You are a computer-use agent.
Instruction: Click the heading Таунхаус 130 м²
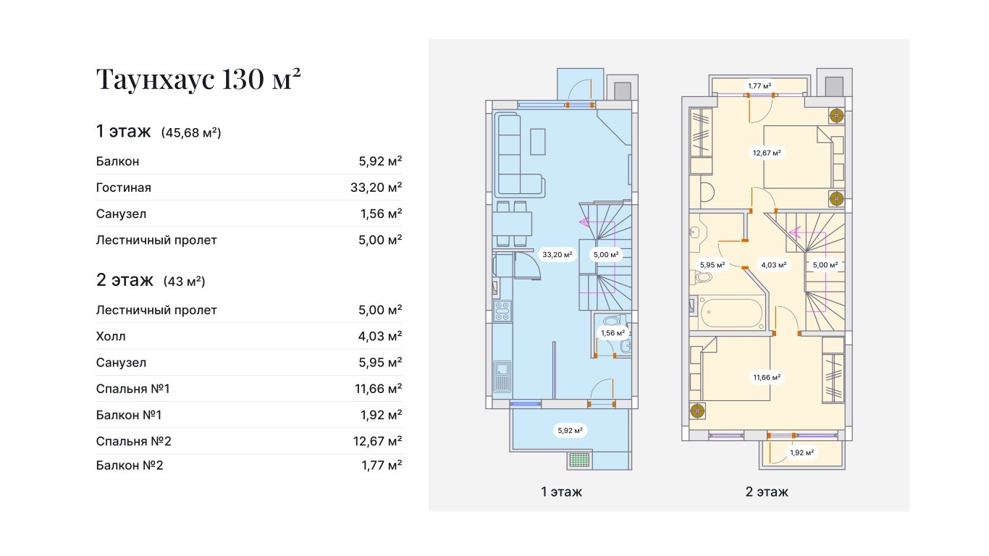pos(198,79)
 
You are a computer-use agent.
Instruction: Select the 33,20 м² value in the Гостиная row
pos(376,188)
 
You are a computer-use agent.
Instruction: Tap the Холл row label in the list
pos(111,336)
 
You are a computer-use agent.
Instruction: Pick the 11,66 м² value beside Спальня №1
pos(379,389)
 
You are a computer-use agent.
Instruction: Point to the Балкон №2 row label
pos(130,465)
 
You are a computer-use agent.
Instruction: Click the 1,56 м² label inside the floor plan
pos(613,332)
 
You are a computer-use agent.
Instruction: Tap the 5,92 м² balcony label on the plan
pos(570,430)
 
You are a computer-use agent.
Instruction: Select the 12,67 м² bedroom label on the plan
pos(767,153)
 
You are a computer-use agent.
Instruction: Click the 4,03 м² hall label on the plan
pos(774,265)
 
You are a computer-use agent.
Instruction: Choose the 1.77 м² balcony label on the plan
pos(760,85)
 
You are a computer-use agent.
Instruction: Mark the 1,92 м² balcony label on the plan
pos(801,452)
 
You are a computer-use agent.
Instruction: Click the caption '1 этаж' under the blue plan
pos(562,492)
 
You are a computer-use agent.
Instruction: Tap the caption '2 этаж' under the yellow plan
pos(767,492)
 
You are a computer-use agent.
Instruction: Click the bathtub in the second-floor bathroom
pos(731,313)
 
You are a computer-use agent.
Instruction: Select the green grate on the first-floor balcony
pos(579,460)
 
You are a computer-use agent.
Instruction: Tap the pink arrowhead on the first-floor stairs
pos(584,222)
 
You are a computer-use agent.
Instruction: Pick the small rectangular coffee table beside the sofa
pos(538,141)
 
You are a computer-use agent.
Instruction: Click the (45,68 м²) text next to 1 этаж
pos(191,132)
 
